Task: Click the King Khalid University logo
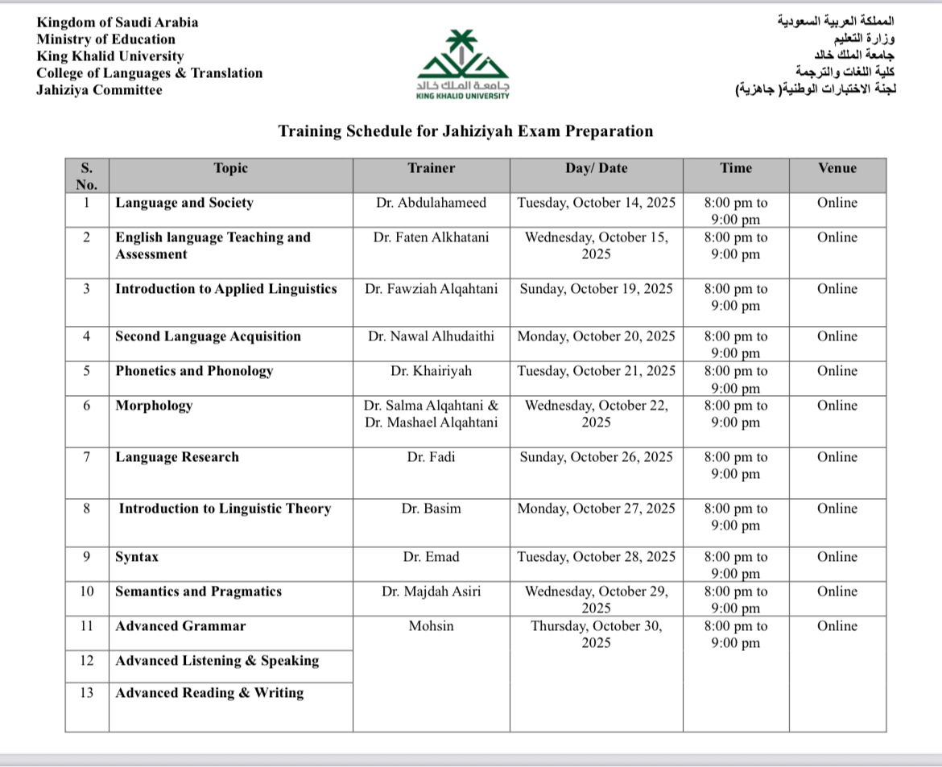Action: (x=463, y=64)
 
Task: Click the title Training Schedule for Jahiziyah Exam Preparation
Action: (x=465, y=131)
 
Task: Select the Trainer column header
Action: (x=431, y=168)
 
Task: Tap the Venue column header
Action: (x=837, y=168)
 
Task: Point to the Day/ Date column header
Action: (x=596, y=168)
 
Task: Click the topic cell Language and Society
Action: (x=184, y=203)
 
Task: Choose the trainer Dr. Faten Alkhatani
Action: (x=431, y=237)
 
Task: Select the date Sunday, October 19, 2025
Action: (x=596, y=289)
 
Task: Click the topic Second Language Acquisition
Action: (x=208, y=336)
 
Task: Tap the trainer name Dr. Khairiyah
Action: (x=431, y=371)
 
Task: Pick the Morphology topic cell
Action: (x=154, y=406)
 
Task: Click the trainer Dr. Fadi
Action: (x=431, y=457)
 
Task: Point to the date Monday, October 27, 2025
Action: (x=596, y=509)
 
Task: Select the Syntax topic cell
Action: (x=137, y=557)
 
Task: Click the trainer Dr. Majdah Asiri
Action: (x=431, y=592)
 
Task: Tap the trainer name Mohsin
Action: (x=431, y=626)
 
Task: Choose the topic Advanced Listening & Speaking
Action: (x=217, y=661)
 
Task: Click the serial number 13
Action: (x=87, y=693)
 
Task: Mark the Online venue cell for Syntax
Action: (x=837, y=557)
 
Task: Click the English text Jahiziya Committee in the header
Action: (x=99, y=90)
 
